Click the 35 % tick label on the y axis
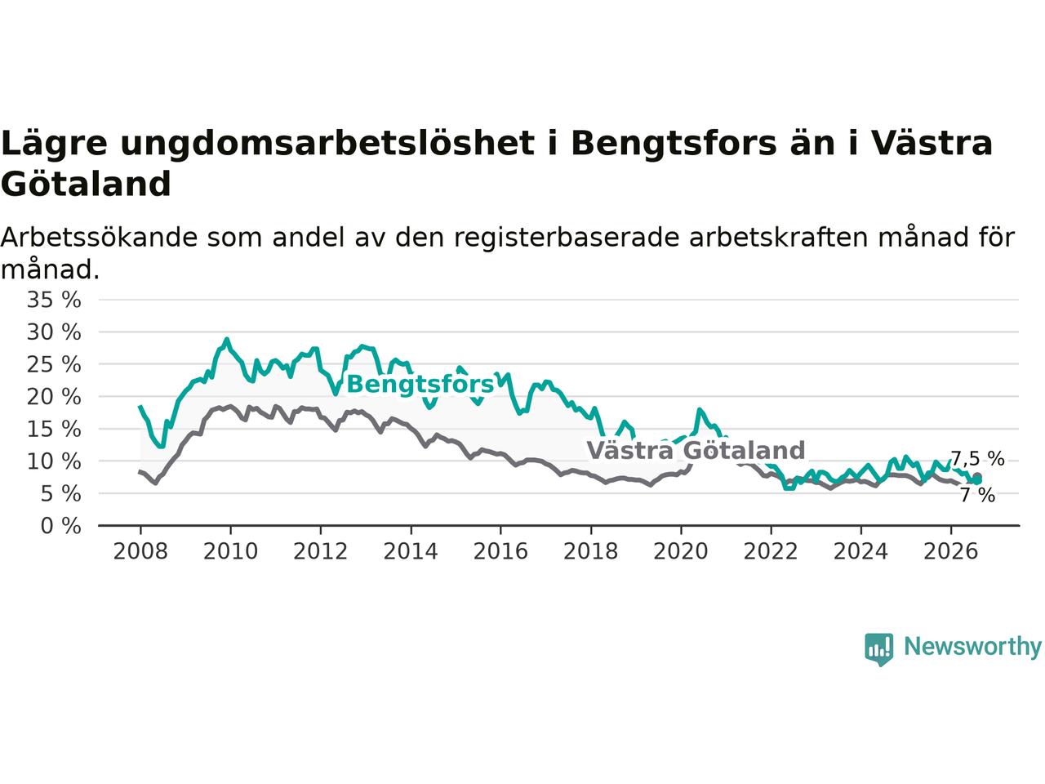point(54,300)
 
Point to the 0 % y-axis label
point(60,526)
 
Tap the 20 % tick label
point(54,397)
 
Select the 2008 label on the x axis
point(140,552)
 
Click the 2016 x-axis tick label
point(500,552)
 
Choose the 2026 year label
point(951,552)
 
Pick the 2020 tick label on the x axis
point(681,552)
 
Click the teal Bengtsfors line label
point(420,385)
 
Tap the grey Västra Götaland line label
point(696,450)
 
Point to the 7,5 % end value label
point(977,458)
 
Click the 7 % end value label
point(977,495)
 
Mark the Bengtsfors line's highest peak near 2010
point(227,339)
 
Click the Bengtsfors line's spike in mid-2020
point(699,409)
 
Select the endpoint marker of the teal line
point(977,481)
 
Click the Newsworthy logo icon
point(878,649)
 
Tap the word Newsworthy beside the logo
point(972,647)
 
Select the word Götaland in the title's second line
point(86,184)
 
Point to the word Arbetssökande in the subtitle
point(99,237)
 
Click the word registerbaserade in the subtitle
point(567,237)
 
